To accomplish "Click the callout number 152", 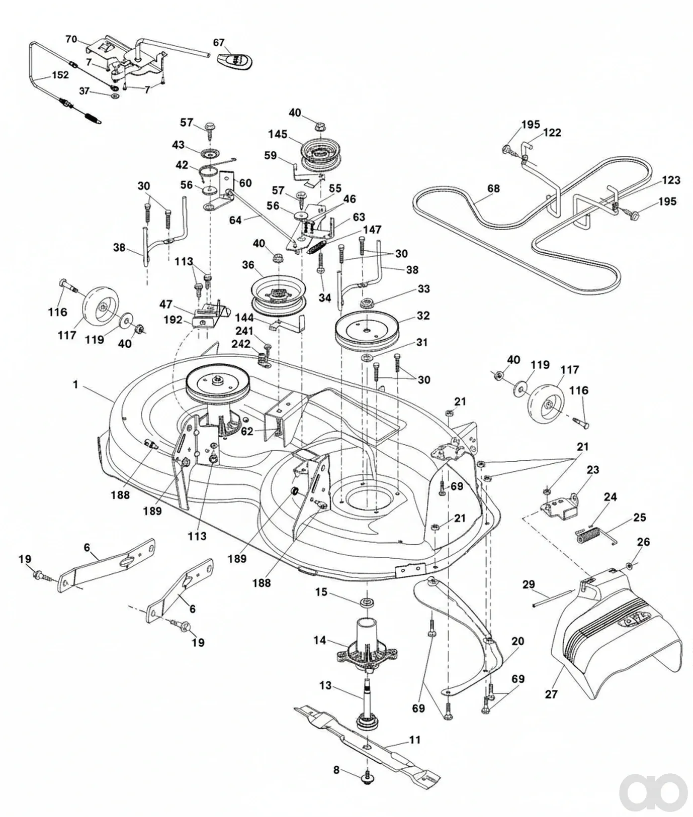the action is point(60,75).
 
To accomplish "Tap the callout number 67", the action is point(219,43).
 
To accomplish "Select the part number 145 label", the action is point(278,134).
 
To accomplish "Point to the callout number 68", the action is point(493,188).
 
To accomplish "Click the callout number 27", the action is point(551,694).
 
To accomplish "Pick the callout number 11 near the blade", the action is point(415,740).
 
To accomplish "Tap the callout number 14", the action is point(320,640).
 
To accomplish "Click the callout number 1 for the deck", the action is point(75,384).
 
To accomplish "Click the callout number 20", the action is point(517,641).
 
